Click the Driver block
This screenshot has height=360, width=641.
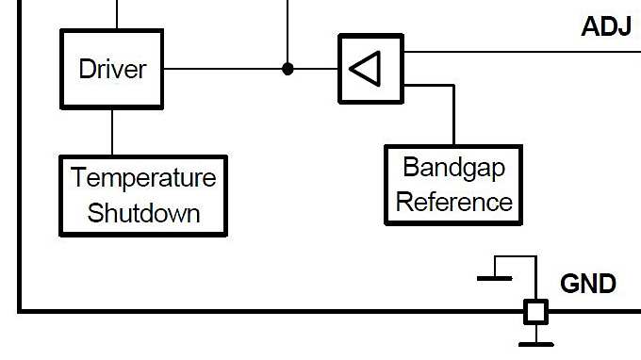click(x=112, y=69)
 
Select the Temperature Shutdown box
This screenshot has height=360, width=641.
click(x=143, y=195)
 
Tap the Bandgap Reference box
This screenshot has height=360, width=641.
click(x=453, y=185)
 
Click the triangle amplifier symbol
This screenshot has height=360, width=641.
click(x=370, y=69)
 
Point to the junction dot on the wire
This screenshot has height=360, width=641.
click(x=288, y=69)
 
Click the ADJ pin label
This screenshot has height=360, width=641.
click(x=605, y=26)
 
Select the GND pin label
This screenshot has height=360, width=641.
click(x=587, y=284)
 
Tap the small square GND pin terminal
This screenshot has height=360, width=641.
click(x=535, y=311)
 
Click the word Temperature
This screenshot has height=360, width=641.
click(x=143, y=178)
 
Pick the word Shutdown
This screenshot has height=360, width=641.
click(x=143, y=213)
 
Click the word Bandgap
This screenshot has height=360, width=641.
click(x=453, y=168)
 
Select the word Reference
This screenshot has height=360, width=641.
click(x=453, y=202)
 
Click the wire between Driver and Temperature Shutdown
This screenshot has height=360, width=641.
click(x=112, y=132)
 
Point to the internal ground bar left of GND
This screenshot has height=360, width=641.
click(x=495, y=278)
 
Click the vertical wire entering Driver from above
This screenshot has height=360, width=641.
click(x=117, y=14)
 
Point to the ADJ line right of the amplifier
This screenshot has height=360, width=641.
click(x=518, y=51)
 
